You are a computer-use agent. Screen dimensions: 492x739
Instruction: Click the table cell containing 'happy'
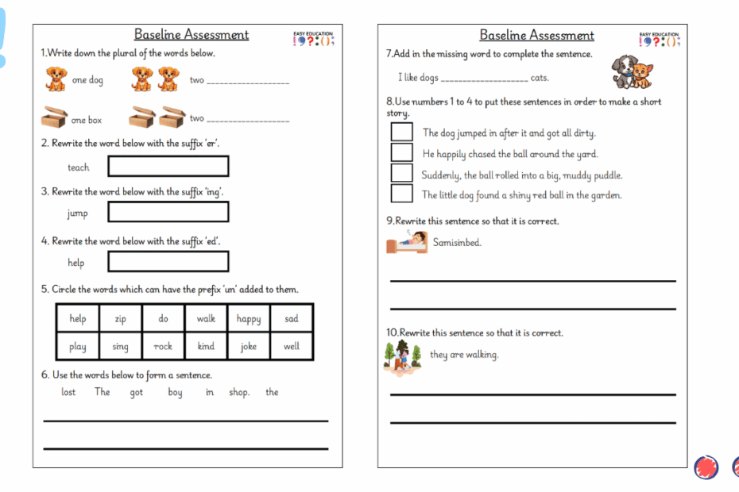(249, 319)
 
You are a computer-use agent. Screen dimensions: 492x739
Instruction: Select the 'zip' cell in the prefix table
(120, 319)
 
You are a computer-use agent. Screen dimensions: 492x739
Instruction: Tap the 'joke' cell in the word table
(249, 347)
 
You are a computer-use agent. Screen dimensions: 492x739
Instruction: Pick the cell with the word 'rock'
(163, 347)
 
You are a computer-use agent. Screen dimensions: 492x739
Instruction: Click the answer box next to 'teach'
(168, 167)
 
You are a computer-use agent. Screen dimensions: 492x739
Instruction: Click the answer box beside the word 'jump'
(168, 212)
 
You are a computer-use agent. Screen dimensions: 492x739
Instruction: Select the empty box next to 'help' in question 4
(168, 262)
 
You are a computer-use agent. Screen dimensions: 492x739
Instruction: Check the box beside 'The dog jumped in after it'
(402, 132)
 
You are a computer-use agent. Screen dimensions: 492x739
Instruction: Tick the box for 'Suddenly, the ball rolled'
(402, 173)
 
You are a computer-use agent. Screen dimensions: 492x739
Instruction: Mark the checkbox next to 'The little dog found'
(402, 194)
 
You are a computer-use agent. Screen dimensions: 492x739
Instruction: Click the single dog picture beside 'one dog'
(55, 79)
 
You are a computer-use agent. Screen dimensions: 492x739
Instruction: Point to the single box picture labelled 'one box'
(54, 118)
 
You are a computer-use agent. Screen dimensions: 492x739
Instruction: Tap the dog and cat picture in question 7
(632, 71)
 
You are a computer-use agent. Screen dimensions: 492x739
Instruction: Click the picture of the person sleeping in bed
(406, 243)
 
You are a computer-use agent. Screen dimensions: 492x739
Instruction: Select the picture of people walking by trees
(403, 356)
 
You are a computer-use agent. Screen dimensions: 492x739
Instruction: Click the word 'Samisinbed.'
(457, 243)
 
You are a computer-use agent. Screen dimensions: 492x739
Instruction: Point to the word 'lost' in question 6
(68, 392)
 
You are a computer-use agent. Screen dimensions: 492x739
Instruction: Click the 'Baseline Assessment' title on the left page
(191, 35)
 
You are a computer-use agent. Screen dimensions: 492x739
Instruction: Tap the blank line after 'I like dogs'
(483, 79)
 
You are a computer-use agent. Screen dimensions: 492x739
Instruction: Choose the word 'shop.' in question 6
(239, 392)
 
